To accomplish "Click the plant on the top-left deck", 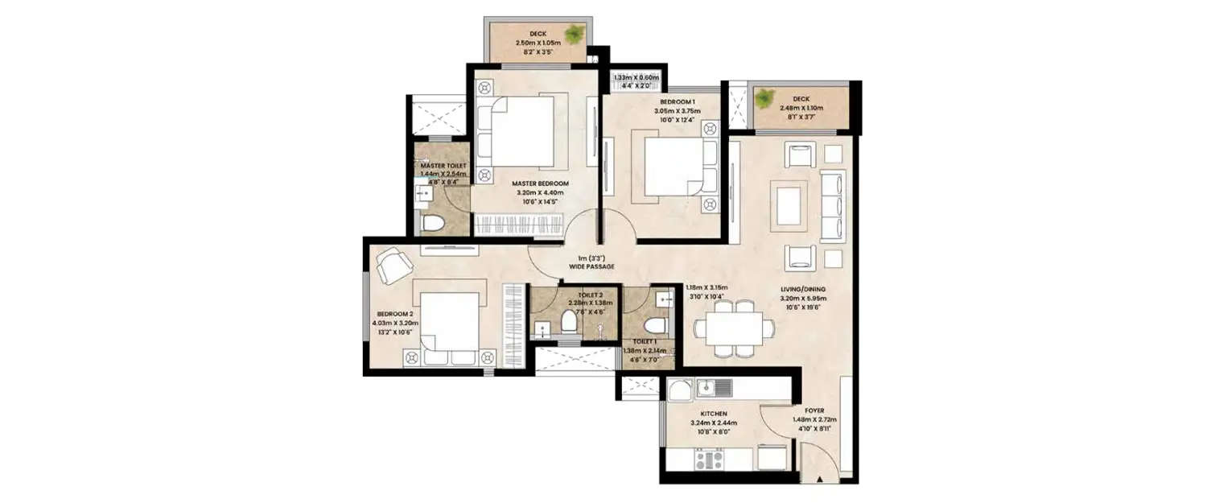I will (x=574, y=35).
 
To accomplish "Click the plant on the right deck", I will (x=764, y=98).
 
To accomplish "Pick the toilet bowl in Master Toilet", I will (x=433, y=223).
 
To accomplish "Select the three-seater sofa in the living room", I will (x=832, y=204).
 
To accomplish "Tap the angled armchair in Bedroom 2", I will (x=393, y=265).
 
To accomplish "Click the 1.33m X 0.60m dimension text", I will (x=635, y=78).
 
